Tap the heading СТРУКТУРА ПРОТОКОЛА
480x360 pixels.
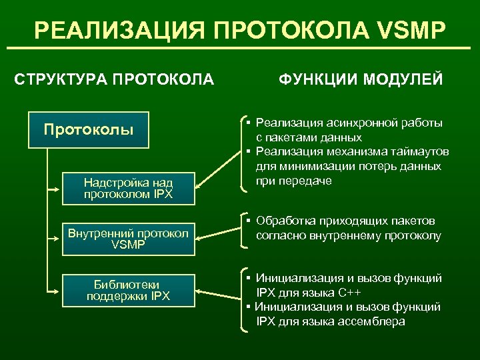click(x=114, y=81)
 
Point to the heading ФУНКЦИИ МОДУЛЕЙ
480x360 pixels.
click(x=360, y=81)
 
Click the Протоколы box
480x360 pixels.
click(x=89, y=129)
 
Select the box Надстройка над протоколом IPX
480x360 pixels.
click(x=128, y=189)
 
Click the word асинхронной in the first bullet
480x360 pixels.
click(x=355, y=123)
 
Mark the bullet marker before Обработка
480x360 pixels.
click(x=247, y=221)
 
